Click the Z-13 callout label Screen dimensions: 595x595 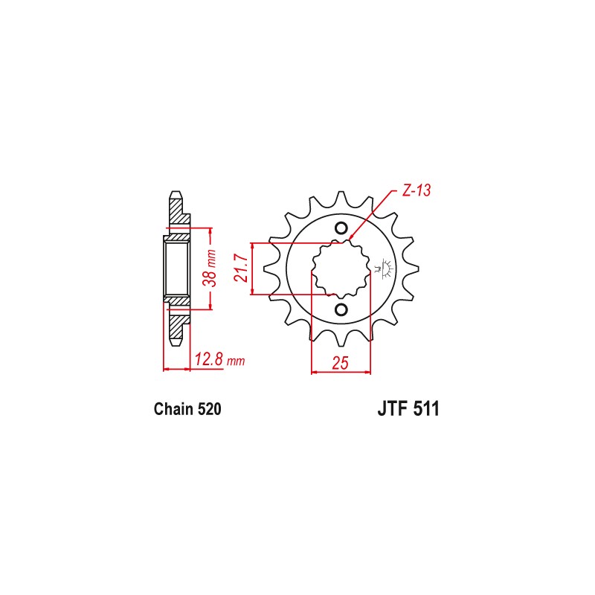pos(416,190)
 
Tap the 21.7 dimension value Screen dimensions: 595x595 pos(241,268)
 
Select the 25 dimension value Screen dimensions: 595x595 pos(340,363)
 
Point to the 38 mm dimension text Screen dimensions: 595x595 pos(210,268)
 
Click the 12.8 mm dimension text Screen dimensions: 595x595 pos(219,359)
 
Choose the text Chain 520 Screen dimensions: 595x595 pos(187,409)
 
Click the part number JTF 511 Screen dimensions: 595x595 pos(408,409)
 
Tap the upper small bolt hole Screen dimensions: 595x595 pos(341,228)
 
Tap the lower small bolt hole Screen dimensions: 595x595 pos(341,309)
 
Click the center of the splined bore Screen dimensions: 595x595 pos(341,269)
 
